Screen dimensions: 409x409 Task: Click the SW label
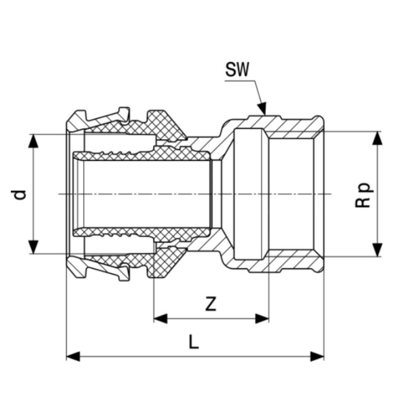(x=238, y=71)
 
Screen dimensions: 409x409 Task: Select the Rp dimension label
(x=364, y=194)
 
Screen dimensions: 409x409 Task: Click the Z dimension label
(x=210, y=304)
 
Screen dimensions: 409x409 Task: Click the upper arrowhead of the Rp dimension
(x=378, y=138)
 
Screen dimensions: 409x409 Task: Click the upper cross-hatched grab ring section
(x=164, y=124)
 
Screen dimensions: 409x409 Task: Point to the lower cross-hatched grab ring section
(x=164, y=265)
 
